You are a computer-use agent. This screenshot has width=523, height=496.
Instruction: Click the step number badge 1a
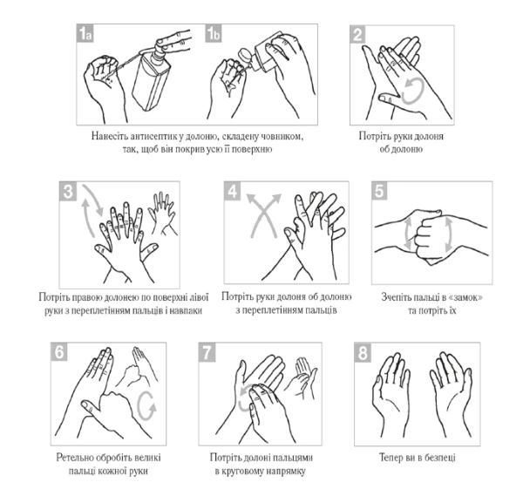coord(85,33)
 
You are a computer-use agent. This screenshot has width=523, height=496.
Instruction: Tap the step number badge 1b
coord(214,33)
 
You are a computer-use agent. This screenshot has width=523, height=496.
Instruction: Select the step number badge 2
coord(358,34)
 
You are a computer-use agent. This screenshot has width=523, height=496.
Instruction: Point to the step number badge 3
coord(68,192)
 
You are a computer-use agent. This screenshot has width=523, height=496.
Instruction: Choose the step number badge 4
coord(233,191)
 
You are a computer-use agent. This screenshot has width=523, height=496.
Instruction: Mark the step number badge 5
coord(380,191)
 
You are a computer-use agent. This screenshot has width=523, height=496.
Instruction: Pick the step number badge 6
coord(59,352)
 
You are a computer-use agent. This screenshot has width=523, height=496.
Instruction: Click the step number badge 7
coord(207,352)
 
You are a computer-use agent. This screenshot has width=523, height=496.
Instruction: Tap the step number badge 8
coord(363,352)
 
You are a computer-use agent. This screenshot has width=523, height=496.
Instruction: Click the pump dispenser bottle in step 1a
coord(153,78)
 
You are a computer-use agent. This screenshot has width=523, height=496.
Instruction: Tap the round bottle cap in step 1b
coord(244,54)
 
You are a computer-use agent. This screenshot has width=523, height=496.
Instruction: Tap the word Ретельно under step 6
coord(74,458)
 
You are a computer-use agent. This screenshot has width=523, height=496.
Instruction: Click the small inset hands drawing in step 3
coord(163,214)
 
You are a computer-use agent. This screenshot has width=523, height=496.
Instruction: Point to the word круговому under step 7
coord(243,472)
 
